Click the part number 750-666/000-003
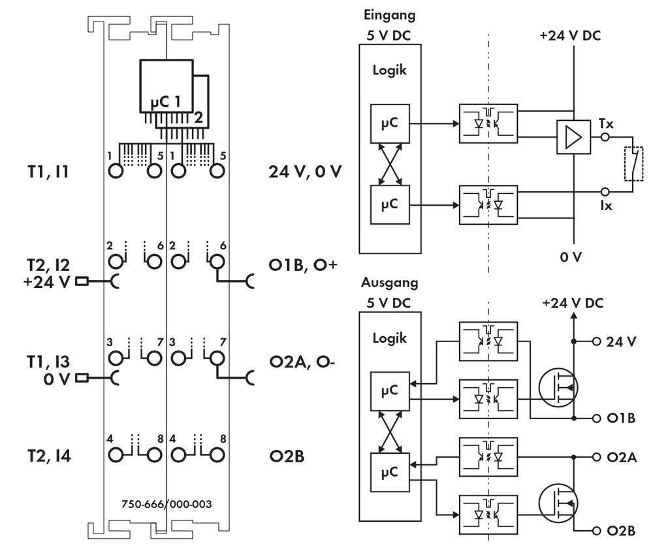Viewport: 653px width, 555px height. click(166, 504)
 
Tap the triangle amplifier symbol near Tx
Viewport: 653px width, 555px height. click(573, 138)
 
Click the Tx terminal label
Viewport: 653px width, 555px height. click(606, 123)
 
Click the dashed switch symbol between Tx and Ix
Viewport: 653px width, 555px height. click(632, 164)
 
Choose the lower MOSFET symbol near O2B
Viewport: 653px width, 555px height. click(559, 501)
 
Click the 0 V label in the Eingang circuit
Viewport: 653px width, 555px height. click(573, 257)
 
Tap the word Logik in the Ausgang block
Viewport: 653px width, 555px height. click(389, 338)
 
